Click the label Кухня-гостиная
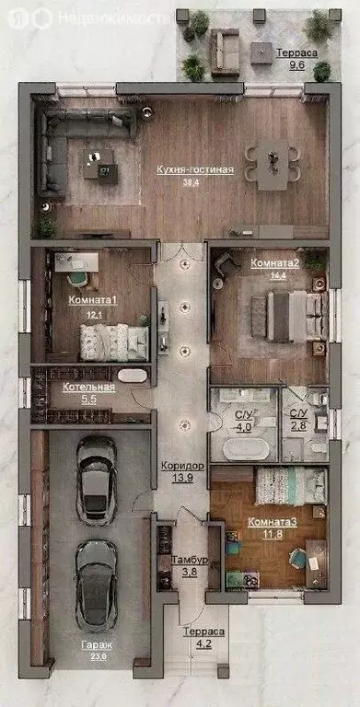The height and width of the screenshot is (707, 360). coord(194,169)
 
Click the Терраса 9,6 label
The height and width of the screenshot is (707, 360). coord(297,53)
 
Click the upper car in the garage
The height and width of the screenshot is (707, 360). coord(96,477)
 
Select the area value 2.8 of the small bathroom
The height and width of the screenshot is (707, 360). coord(298,428)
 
